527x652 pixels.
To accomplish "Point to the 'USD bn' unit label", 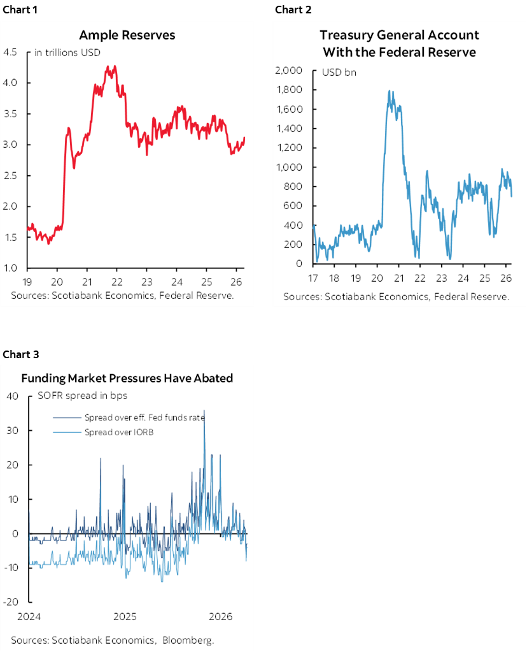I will (339, 72).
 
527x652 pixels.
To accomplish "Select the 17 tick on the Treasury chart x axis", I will (313, 278).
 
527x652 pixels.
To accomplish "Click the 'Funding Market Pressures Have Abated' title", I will (127, 378).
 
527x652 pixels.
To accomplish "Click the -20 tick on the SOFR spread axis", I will (14, 602).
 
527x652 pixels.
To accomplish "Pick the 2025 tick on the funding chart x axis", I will (125, 616).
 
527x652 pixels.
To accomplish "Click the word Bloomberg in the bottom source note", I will (188, 640).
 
